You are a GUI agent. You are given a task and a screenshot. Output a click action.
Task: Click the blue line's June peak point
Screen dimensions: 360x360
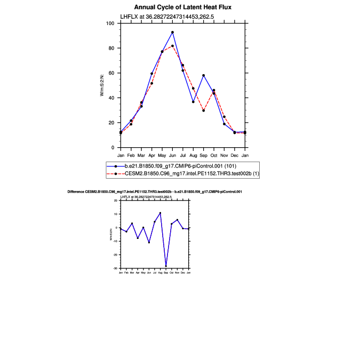172,32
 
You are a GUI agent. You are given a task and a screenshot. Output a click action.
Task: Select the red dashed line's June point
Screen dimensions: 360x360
172,46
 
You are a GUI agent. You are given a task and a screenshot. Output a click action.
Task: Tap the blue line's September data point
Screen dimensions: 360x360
203,75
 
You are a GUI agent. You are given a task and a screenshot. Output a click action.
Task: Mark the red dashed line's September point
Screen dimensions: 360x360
203,110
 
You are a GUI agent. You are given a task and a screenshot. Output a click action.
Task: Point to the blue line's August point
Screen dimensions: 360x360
193,102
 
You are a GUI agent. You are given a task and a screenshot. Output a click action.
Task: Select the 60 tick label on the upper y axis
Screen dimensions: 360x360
112,73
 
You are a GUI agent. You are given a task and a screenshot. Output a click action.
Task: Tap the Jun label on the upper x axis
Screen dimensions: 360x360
172,155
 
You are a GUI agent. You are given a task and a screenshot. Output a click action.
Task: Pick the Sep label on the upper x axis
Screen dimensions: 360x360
203,155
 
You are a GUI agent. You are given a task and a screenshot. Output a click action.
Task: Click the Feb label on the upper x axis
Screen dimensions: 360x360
131,155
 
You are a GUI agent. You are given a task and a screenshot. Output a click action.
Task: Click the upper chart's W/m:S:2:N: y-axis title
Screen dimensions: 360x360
102,85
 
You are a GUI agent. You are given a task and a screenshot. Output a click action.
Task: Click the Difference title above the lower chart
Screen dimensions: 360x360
155,191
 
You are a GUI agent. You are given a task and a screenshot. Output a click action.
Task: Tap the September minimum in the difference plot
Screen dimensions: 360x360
166,266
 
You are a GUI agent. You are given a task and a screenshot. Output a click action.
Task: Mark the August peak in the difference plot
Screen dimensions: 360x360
160,213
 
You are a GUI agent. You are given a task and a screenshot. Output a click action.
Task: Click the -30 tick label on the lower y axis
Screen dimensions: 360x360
115,268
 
